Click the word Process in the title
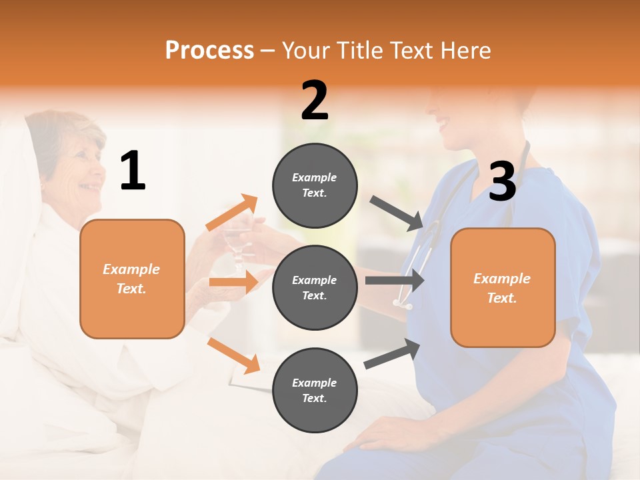click(x=209, y=51)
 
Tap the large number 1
click(x=133, y=171)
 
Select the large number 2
click(x=315, y=101)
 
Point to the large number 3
click(x=502, y=181)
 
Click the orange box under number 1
click(x=132, y=279)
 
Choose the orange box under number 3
click(x=503, y=288)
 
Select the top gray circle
click(x=315, y=185)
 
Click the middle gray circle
click(x=315, y=288)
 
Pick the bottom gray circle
click(x=315, y=390)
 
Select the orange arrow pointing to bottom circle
click(x=234, y=355)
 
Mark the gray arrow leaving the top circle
click(x=397, y=213)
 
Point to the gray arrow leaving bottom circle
click(x=393, y=354)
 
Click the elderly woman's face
click(x=83, y=170)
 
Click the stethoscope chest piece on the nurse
click(x=404, y=304)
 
